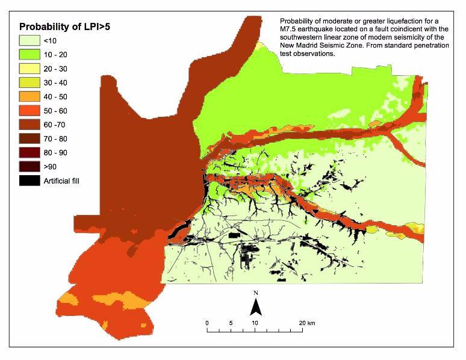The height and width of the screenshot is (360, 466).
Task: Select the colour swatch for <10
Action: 28,41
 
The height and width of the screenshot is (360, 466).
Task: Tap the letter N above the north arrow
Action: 255,293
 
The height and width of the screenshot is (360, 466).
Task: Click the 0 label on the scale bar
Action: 207,323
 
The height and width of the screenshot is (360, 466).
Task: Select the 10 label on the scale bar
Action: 255,323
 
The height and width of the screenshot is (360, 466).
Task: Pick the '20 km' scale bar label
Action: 306,323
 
